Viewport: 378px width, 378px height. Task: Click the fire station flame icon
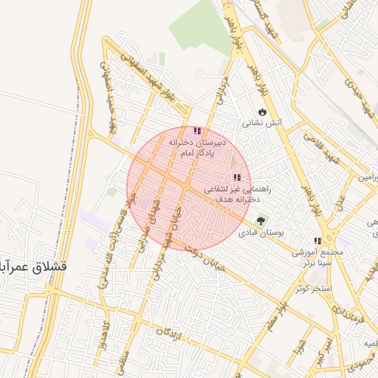[x=262, y=111]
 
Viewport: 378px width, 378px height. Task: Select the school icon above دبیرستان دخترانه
[x=196, y=131]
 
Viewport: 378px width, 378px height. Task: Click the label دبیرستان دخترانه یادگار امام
[x=196, y=146]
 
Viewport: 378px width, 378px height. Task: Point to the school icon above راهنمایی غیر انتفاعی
[x=237, y=177]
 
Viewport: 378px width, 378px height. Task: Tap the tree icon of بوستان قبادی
[x=261, y=220]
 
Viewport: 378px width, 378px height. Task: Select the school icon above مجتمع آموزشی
[x=317, y=241]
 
